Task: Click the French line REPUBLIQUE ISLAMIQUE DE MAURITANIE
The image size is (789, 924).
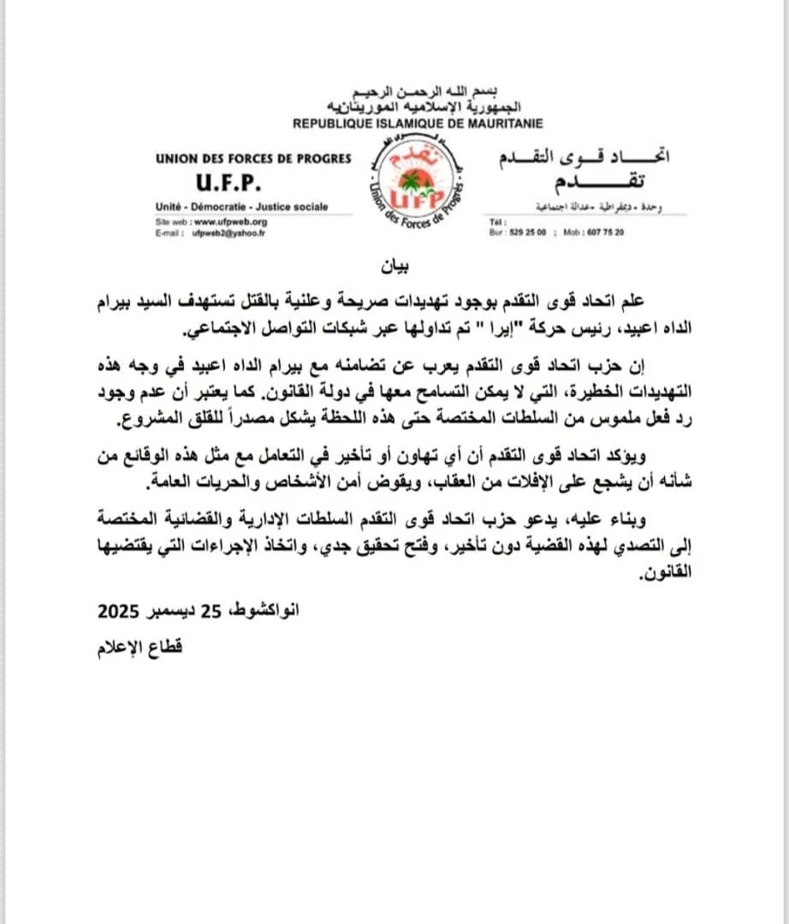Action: click(x=418, y=124)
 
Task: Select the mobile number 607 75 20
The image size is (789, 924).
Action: click(x=607, y=232)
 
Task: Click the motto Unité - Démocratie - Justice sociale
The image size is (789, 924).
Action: click(x=241, y=208)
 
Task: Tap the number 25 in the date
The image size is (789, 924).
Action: click(x=211, y=612)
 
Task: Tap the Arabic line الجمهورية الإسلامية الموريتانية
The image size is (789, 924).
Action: click(x=418, y=108)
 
